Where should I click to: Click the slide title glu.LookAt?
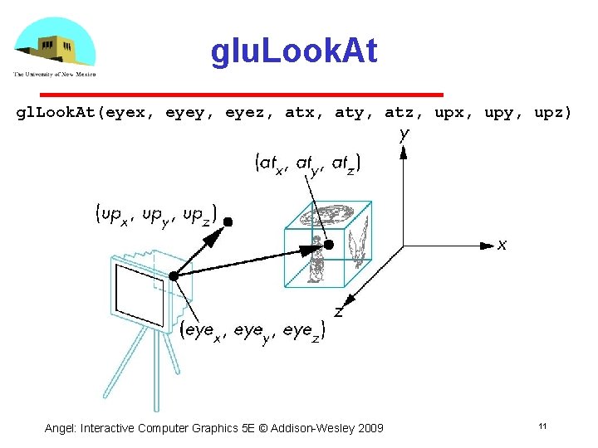[294, 52]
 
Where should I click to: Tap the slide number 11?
[542, 426]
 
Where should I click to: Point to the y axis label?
[404, 134]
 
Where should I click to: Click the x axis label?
[502, 245]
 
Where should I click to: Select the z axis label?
[339, 312]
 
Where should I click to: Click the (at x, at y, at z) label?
[307, 164]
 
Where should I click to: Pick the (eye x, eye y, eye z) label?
[253, 331]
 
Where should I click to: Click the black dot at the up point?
[228, 222]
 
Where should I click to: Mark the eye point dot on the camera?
[173, 276]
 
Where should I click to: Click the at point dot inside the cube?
[329, 245]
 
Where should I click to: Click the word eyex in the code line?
[128, 112]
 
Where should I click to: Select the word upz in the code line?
[551, 112]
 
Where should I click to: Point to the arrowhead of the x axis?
[487, 245]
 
